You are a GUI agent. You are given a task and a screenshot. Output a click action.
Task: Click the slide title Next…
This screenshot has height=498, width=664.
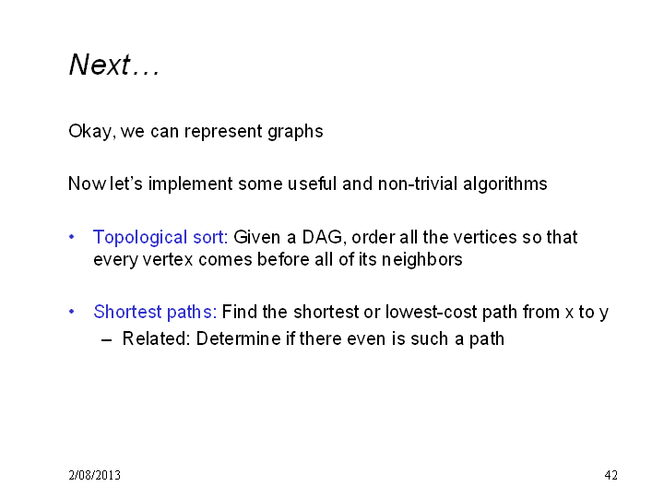pyautogui.click(x=114, y=65)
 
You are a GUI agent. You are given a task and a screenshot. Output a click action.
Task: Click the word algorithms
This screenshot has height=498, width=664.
pyautogui.click(x=505, y=184)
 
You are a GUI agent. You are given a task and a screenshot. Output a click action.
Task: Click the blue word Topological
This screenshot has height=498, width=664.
pyautogui.click(x=140, y=238)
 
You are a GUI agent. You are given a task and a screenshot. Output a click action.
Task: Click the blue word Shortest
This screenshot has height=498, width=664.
pyautogui.click(x=127, y=312)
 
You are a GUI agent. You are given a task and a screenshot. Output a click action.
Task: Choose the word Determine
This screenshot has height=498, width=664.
pyautogui.click(x=239, y=338)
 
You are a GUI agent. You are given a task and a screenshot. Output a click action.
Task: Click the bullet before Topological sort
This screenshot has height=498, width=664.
pyautogui.click(x=72, y=237)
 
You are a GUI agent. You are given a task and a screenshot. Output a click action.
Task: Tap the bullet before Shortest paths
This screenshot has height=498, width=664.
pyautogui.click(x=72, y=312)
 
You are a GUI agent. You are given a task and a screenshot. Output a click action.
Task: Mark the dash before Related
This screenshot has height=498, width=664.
pyautogui.click(x=107, y=339)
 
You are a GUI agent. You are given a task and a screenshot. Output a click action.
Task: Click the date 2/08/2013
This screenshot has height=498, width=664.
pyautogui.click(x=94, y=475)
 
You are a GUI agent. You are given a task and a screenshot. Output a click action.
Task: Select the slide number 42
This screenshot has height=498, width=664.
pyautogui.click(x=611, y=475)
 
